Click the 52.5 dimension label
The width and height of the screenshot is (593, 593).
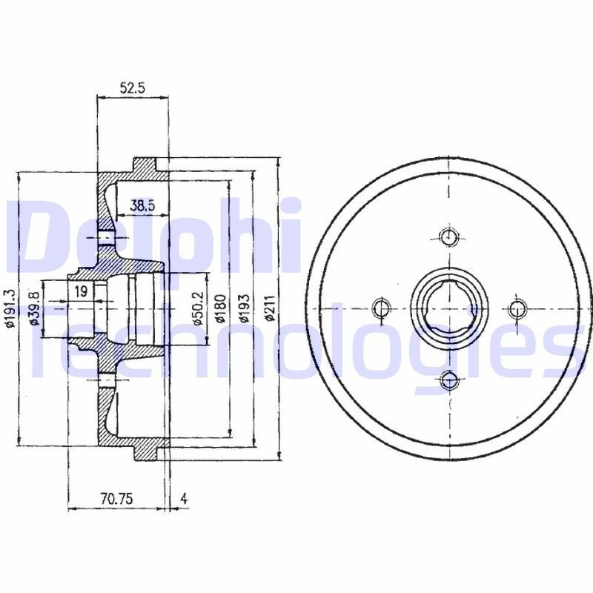pos(133,88)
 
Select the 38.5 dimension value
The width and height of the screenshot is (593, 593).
pos(142,206)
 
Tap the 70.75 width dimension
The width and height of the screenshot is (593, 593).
pos(117,499)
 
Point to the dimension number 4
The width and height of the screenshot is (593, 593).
pos(184,499)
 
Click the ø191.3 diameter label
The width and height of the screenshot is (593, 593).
pos(9,308)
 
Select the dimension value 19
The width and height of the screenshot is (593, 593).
pos(82,291)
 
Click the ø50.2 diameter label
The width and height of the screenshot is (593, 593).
pos(199,308)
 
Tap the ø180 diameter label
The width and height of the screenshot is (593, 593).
pos(220,308)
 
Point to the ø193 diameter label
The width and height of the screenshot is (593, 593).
pos(245,308)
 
